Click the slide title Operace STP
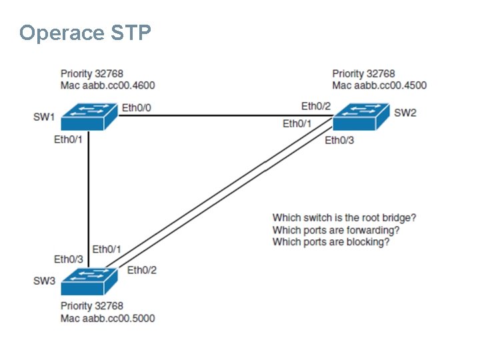pyautogui.click(x=85, y=33)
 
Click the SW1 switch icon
pyautogui.click(x=89, y=117)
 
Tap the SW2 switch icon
pyautogui.click(x=360, y=117)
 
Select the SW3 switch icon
pyautogui.click(x=89, y=281)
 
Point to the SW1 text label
pyautogui.click(x=45, y=117)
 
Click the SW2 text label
pyautogui.click(x=405, y=113)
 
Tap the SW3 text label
pyautogui.click(x=45, y=281)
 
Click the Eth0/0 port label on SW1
pyautogui.click(x=137, y=107)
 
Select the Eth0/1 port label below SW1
pyautogui.click(x=69, y=140)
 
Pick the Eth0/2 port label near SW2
pyautogui.click(x=316, y=106)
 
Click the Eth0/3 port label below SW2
pyautogui.click(x=339, y=140)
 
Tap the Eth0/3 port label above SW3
pyautogui.click(x=69, y=259)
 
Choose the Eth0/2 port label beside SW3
pyautogui.click(x=141, y=270)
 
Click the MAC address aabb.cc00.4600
pyautogui.click(x=118, y=85)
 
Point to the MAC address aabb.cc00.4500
pyautogui.click(x=390, y=85)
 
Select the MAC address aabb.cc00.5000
pyautogui.click(x=118, y=318)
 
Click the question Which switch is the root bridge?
pyautogui.click(x=344, y=218)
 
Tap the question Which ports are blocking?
pyautogui.click(x=331, y=242)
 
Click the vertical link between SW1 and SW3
pyautogui.click(x=89, y=193)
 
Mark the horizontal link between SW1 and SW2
pyautogui.click(x=220, y=115)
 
